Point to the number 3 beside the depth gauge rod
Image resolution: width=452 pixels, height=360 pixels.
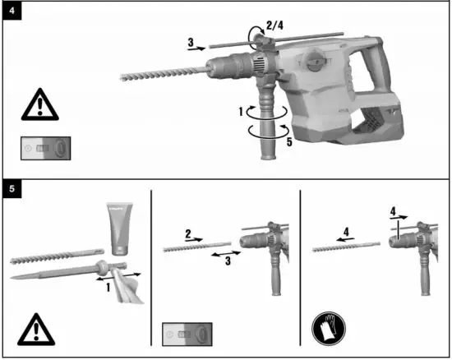(x=191, y=41)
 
